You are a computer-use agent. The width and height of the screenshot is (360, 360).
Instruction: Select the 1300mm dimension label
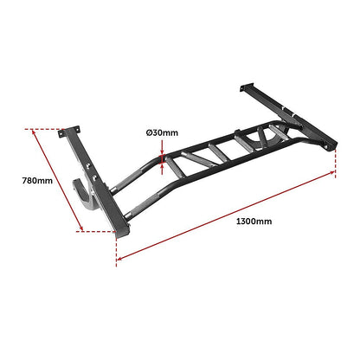254,222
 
